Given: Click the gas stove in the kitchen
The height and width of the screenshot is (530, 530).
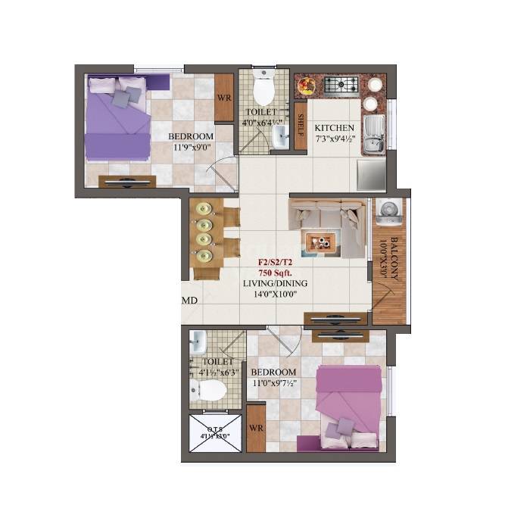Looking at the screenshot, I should pos(342,85).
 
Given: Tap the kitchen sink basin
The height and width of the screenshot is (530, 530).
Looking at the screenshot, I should pos(373,135).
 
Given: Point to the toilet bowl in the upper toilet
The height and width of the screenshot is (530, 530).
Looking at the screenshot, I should pos(263,92).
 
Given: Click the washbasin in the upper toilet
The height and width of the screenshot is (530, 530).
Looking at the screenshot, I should pos(280,137).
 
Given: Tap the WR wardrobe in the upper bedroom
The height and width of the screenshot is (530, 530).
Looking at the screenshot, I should pos(223,98).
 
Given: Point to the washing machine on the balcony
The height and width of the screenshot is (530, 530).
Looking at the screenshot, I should pos(388,211).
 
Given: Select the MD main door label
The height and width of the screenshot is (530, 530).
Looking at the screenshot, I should pos(189,301).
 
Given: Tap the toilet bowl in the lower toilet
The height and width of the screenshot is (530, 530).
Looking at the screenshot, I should pos(209,391).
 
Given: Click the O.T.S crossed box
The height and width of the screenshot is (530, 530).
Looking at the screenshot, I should pos(214,435).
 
